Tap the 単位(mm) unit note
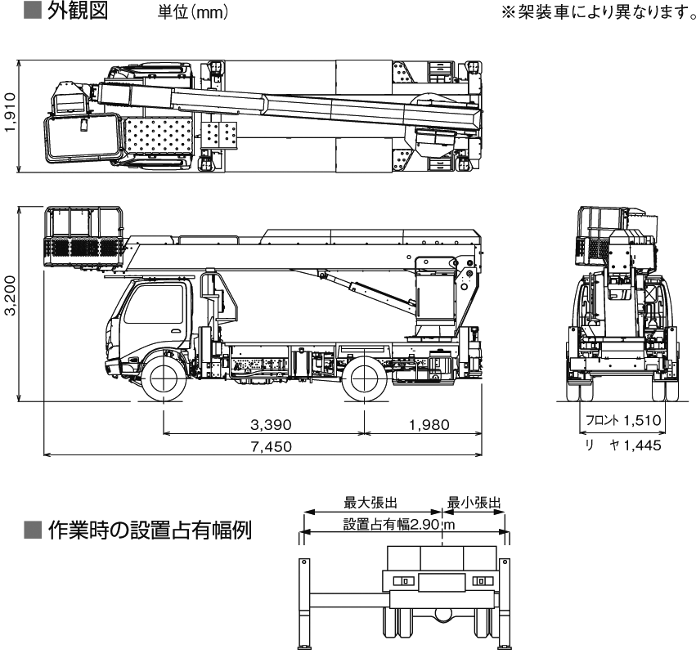(193, 15)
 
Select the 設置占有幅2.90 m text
(397, 524)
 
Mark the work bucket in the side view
(84, 237)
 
